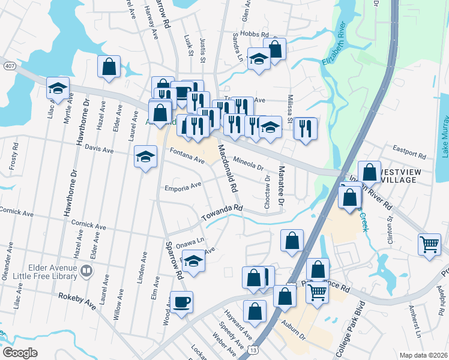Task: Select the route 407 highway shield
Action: [x=9, y=64]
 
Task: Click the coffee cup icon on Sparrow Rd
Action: [x=181, y=301]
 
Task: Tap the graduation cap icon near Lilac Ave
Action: [x=58, y=88]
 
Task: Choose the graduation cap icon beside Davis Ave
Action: [x=145, y=157]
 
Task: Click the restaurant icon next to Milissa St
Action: [x=305, y=127]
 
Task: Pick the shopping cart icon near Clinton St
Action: [x=429, y=244]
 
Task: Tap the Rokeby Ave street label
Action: [x=77, y=301]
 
